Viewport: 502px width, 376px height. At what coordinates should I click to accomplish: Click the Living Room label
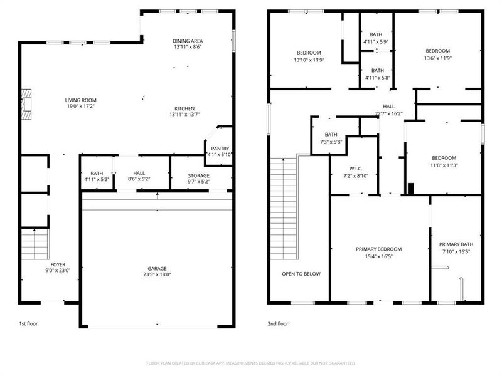coord(81,100)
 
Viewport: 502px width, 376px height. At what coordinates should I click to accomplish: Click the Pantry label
coord(218,148)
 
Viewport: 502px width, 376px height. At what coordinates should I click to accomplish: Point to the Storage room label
coord(198,175)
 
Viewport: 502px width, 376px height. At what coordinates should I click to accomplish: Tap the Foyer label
coord(57,264)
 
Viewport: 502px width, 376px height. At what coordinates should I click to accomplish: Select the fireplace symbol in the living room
coord(25,105)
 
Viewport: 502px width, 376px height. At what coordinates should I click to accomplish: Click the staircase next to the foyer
coord(34,244)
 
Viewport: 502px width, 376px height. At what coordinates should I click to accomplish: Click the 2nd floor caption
coord(277,324)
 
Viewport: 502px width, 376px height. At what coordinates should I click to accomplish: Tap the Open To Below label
coord(301,274)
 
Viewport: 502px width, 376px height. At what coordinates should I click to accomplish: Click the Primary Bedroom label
coord(378,249)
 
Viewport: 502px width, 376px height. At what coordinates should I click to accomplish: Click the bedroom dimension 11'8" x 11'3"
coord(444,165)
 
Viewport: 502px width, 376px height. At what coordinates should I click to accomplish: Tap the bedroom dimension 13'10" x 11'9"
coord(308,60)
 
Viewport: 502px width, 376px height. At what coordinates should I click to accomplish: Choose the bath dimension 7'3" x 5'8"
coord(331,142)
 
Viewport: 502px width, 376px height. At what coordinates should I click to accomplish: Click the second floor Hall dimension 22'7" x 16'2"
coord(388,114)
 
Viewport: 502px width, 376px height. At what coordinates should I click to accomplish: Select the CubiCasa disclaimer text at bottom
coord(251,363)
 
